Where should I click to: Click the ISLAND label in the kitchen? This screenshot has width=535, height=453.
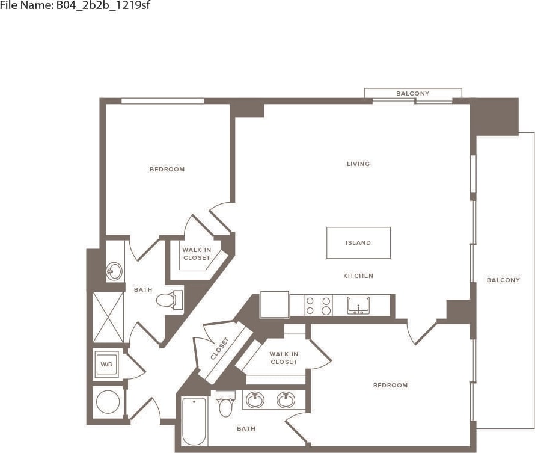click(x=358, y=243)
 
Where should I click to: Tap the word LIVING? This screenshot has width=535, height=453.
click(x=358, y=164)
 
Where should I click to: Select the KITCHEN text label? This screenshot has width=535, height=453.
click(x=358, y=276)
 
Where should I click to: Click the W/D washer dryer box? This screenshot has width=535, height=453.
click(x=106, y=365)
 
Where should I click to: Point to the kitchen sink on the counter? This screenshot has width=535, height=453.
click(x=358, y=306)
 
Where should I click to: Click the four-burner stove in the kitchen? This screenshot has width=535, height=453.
click(x=318, y=306)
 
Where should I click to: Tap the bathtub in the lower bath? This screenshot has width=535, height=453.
click(x=194, y=421)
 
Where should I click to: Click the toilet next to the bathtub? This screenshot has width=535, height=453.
click(x=226, y=404)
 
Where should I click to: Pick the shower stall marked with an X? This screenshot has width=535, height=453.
click(x=108, y=317)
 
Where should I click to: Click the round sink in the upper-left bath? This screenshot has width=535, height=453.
click(x=114, y=271)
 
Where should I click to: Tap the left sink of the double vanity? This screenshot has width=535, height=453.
click(x=255, y=400)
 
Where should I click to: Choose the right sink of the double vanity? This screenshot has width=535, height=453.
click(x=286, y=400)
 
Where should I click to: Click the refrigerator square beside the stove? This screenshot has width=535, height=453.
click(x=274, y=304)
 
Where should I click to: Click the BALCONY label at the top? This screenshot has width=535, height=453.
click(x=412, y=94)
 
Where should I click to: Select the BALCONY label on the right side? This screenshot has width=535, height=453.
click(x=503, y=280)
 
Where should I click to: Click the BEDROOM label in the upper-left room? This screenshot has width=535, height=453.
click(x=167, y=170)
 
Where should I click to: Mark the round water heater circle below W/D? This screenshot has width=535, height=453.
click(x=108, y=402)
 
